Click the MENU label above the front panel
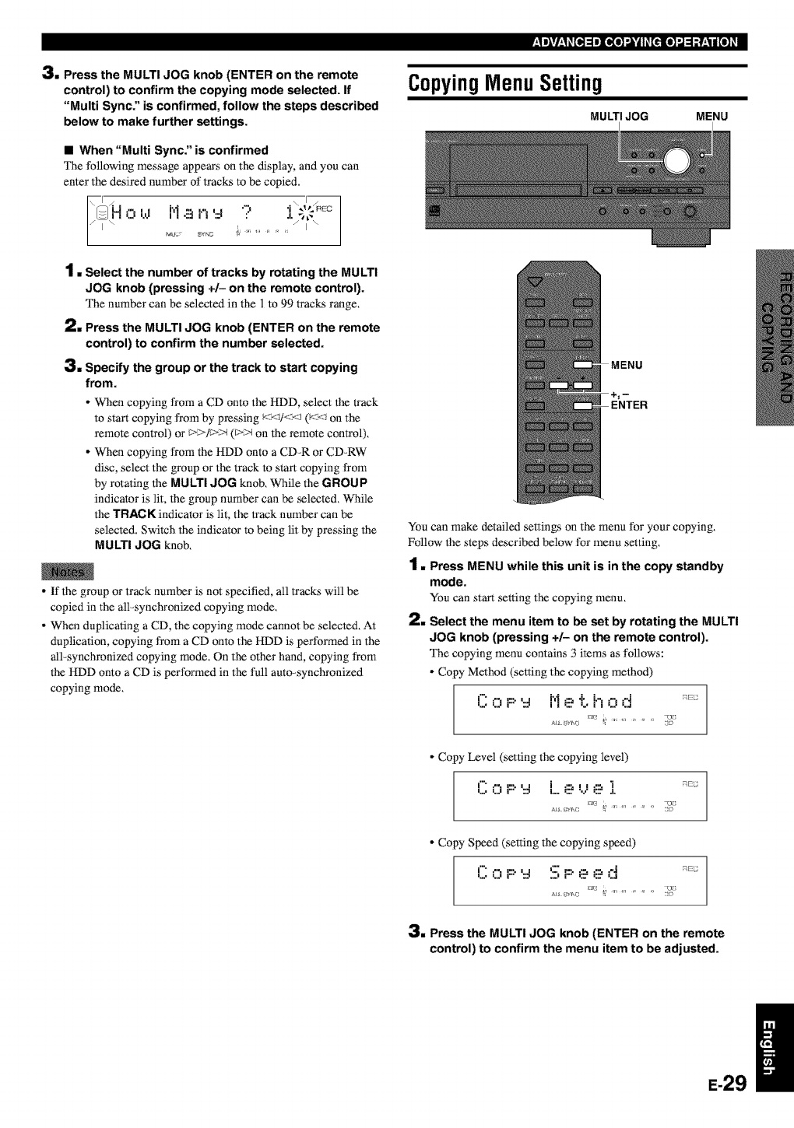coord(711,117)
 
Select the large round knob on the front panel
coord(676,160)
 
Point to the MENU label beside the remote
coord(627,365)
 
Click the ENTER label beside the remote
coord(629,405)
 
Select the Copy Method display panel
coord(579,709)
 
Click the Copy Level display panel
coord(579,794)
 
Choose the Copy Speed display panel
coord(579,880)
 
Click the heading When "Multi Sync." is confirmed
coord(174,150)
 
